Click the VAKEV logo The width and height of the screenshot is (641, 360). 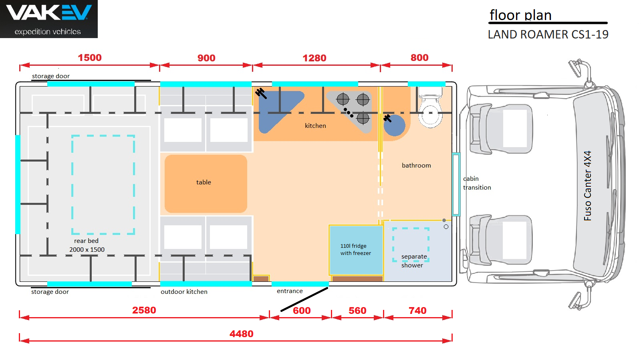(x=48, y=18)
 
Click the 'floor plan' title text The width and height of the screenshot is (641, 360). (x=520, y=15)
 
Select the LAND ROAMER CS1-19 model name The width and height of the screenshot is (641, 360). (x=548, y=34)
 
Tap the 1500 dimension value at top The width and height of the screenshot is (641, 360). (x=89, y=58)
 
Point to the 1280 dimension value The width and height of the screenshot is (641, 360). (x=314, y=58)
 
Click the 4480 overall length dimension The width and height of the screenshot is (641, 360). (x=241, y=334)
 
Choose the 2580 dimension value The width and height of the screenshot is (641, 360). (x=144, y=310)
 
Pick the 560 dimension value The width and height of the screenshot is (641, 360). (x=357, y=311)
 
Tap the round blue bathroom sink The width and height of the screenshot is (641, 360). (x=395, y=125)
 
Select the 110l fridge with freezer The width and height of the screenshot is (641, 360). (x=356, y=250)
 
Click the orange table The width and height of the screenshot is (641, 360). (x=206, y=183)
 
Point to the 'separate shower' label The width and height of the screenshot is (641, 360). (x=414, y=261)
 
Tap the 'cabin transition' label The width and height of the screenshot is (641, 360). (x=476, y=183)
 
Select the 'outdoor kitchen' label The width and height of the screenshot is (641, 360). (x=184, y=292)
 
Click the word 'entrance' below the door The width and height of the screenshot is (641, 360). (x=290, y=291)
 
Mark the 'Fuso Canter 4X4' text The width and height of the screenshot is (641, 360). (x=587, y=186)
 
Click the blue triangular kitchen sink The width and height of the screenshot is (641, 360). (x=276, y=109)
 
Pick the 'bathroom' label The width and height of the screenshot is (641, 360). (x=416, y=166)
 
